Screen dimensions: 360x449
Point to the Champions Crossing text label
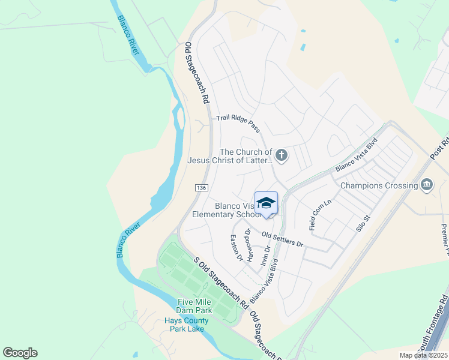tap(379, 185)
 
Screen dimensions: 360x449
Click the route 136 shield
tap(201, 188)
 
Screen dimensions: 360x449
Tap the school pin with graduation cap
tap(266, 203)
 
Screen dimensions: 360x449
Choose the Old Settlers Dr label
tap(283, 240)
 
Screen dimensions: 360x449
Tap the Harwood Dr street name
tap(247, 239)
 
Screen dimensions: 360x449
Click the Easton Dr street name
tap(236, 248)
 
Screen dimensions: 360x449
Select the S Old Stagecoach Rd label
tap(221, 283)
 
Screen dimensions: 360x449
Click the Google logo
tap(20, 353)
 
